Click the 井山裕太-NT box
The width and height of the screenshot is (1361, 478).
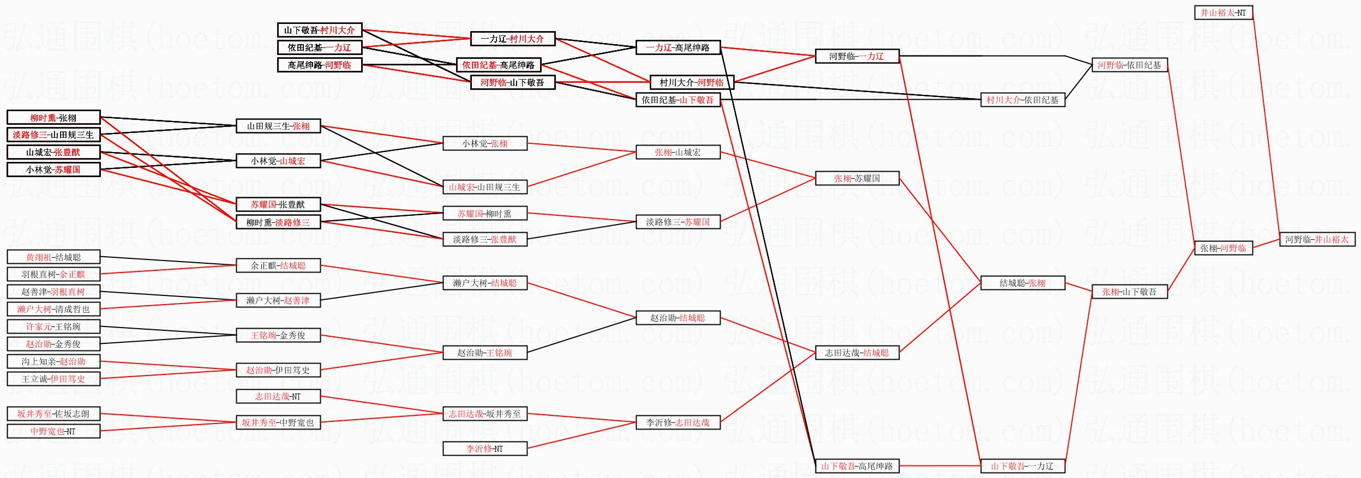pos(1223,13)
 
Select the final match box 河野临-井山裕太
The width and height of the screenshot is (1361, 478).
pos(1317,239)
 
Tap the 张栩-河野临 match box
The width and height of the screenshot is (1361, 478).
pos(1223,248)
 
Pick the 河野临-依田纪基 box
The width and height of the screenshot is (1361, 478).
pos(1129,65)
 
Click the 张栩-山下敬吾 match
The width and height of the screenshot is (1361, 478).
pos(1129,292)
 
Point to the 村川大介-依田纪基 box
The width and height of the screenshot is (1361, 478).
pos(1022,100)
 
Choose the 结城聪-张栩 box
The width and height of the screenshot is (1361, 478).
pos(1022,283)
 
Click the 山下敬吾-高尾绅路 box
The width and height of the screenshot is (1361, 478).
pos(857,466)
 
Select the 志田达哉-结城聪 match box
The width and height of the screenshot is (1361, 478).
pos(857,353)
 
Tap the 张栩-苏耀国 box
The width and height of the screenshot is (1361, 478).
pos(857,178)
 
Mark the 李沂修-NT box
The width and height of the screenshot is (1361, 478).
pos(484,449)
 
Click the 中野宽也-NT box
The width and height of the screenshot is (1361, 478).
pos(53,431)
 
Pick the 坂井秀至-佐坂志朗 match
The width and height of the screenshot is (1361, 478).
pos(53,414)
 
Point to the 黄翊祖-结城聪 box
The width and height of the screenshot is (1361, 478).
pos(53,257)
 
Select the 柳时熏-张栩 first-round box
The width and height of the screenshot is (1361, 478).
pos(53,117)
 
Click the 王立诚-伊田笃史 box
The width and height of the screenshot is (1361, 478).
pos(53,379)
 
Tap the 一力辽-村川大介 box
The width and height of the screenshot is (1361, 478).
pos(512,39)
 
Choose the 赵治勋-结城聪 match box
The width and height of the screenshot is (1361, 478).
pos(677,318)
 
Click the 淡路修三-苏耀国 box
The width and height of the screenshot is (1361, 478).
pos(677,222)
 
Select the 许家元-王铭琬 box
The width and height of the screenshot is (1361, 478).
pos(53,326)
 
